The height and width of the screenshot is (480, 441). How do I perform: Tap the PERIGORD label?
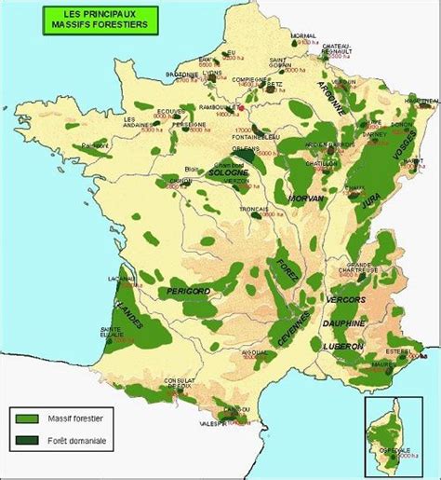pos(189,293)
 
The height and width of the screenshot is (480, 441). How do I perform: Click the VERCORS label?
pos(348,301)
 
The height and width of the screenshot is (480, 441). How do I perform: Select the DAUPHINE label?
pos(344,322)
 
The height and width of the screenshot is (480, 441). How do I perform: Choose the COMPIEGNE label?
pos(255,80)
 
